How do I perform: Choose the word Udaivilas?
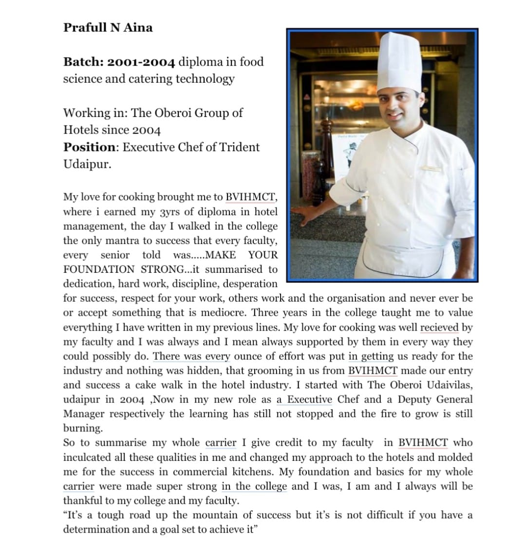tap(449, 385)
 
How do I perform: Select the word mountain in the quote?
tap(215, 515)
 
